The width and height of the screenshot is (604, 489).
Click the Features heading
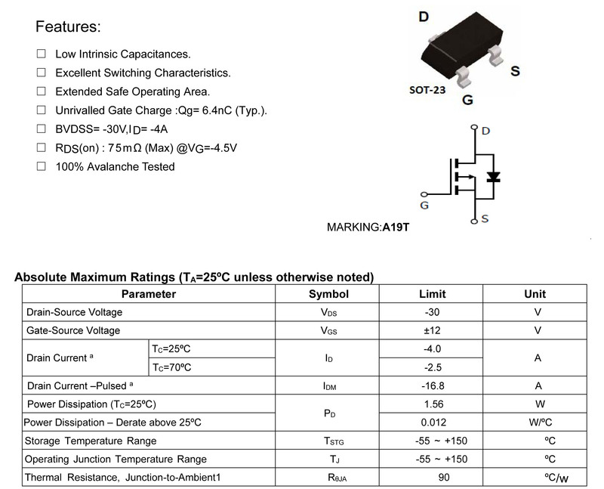pos(69,28)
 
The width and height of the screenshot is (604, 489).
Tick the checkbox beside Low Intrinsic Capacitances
pos(41,54)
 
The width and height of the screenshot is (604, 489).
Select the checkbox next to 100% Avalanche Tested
pos(41,166)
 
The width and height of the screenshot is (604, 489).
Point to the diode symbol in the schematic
pos(494,178)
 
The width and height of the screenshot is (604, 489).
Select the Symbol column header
pos(329,294)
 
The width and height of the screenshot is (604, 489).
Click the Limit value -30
pos(432,312)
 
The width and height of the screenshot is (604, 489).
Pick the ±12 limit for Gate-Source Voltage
pos(432,330)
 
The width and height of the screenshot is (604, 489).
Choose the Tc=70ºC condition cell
pos(172,367)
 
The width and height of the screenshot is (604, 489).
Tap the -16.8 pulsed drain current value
pos(432,385)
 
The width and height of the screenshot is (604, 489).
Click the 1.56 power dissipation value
pos(432,404)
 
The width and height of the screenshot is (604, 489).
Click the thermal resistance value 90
pos(444,478)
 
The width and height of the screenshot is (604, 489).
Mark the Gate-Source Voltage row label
pos(73,330)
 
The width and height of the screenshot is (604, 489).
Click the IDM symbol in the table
pos(329,386)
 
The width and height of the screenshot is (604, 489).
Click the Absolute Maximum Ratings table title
pos(195,277)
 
